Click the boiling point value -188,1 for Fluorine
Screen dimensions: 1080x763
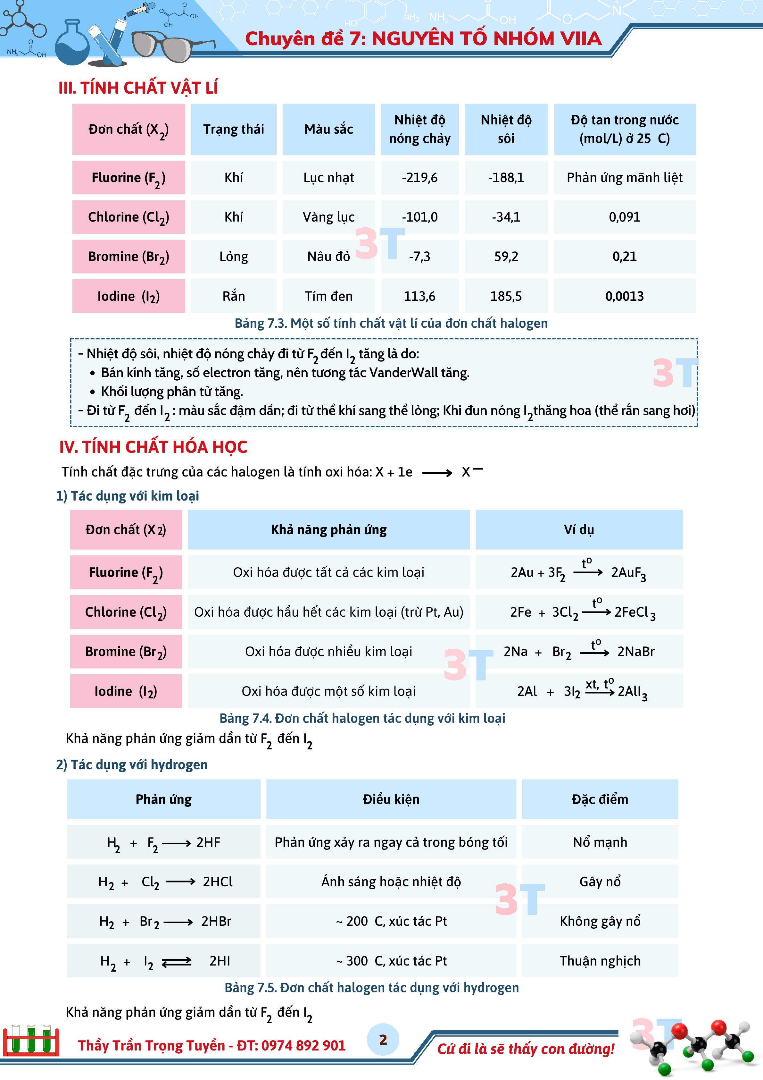[x=506, y=178]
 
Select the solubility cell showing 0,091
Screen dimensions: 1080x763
[x=624, y=217]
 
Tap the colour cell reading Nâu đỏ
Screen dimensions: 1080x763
[x=328, y=257]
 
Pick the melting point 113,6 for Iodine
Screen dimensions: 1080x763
[x=419, y=296]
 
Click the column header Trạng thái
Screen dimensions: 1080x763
[x=234, y=129]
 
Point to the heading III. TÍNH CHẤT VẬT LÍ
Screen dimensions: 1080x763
[x=138, y=88]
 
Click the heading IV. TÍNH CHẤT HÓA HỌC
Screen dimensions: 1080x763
[x=153, y=447]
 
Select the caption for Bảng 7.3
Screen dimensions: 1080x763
[x=391, y=324]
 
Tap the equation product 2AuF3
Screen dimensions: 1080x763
[x=628, y=573]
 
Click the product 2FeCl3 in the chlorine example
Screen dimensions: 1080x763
[x=634, y=612]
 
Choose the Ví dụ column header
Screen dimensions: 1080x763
[x=579, y=530]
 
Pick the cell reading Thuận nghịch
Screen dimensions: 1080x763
[x=600, y=961]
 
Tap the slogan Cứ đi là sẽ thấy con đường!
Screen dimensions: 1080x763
[x=526, y=1049]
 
